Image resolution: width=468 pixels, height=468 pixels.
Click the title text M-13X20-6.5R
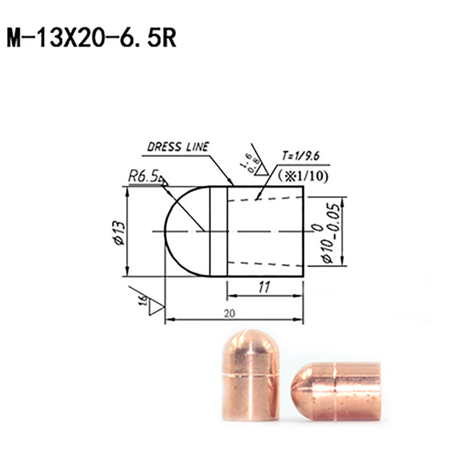[x=92, y=39]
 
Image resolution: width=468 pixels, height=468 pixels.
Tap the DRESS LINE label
[x=178, y=147]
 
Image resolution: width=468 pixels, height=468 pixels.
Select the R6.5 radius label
[x=143, y=177]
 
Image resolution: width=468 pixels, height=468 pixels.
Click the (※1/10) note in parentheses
[x=302, y=175]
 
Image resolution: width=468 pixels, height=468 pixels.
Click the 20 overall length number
[x=229, y=313]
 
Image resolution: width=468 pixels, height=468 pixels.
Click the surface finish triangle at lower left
[x=155, y=307]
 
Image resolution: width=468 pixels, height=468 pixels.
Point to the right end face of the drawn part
[x=303, y=231]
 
